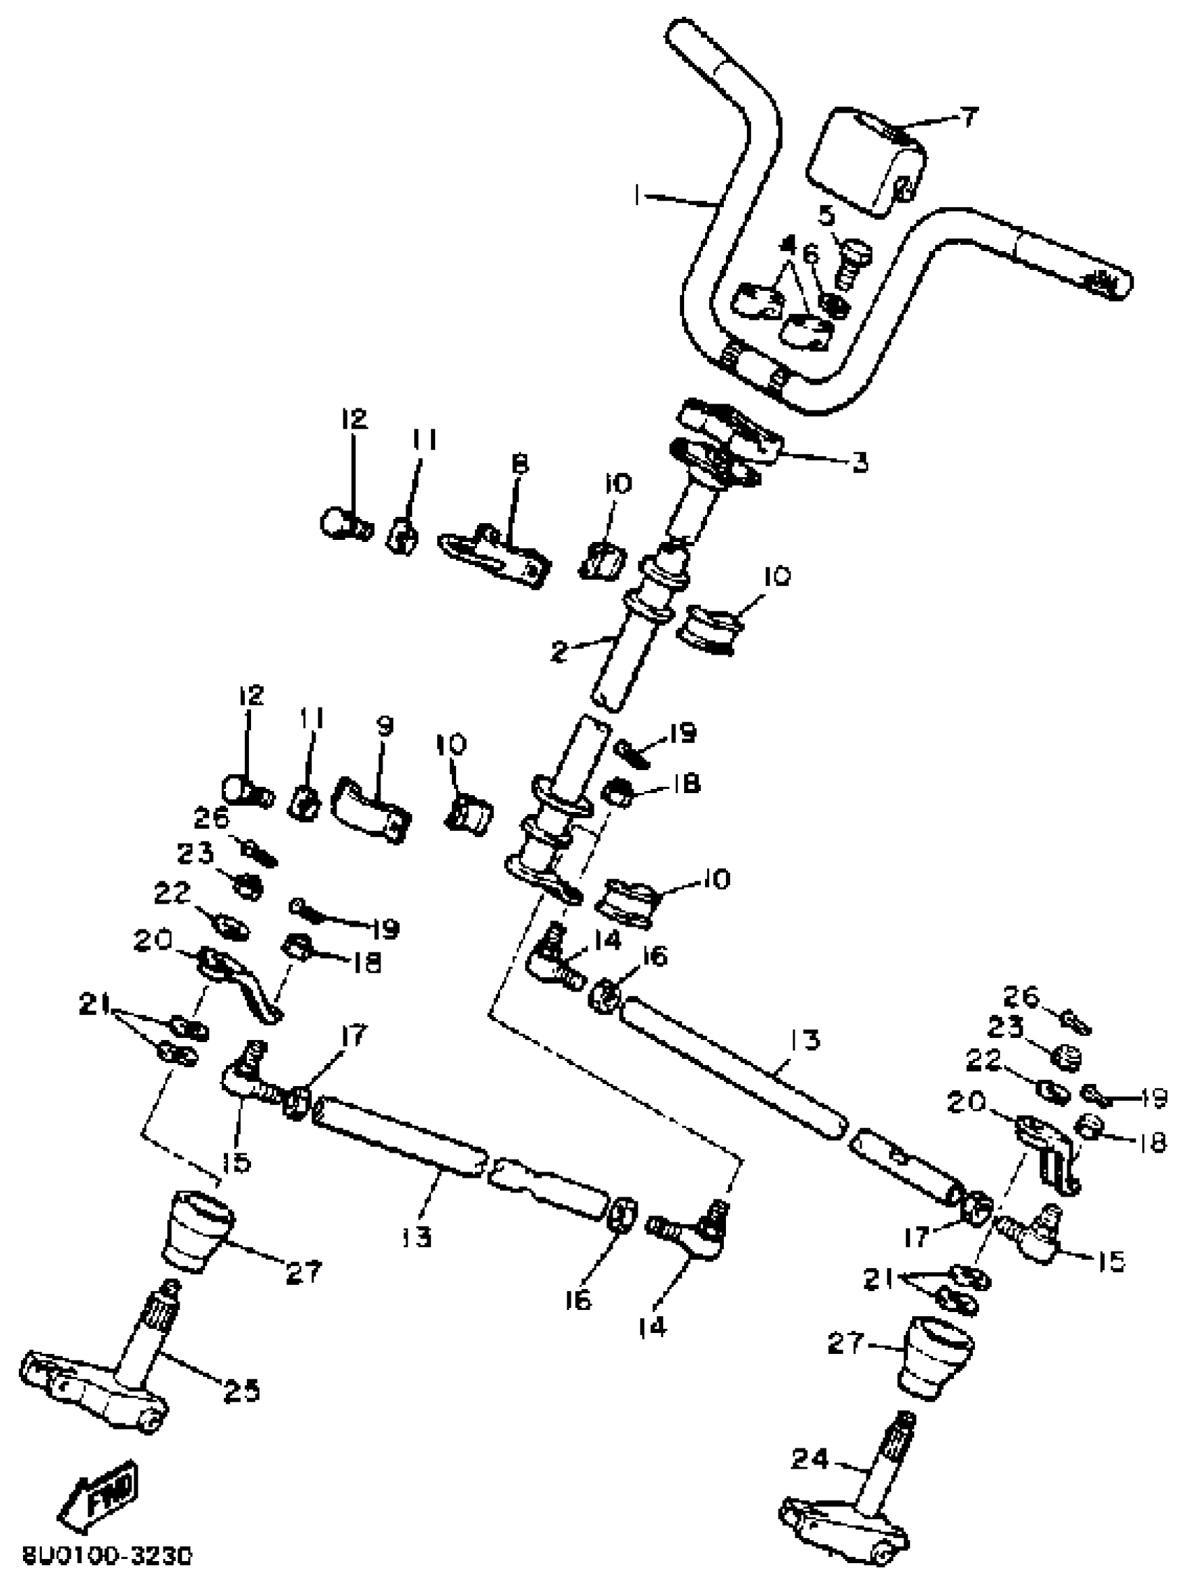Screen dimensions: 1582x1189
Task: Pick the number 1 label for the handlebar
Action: (638, 194)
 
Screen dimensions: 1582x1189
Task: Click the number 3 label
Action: (859, 463)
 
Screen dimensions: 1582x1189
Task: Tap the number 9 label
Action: (384, 727)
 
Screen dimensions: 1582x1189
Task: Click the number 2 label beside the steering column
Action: (560, 652)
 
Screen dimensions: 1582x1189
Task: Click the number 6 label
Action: (811, 253)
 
